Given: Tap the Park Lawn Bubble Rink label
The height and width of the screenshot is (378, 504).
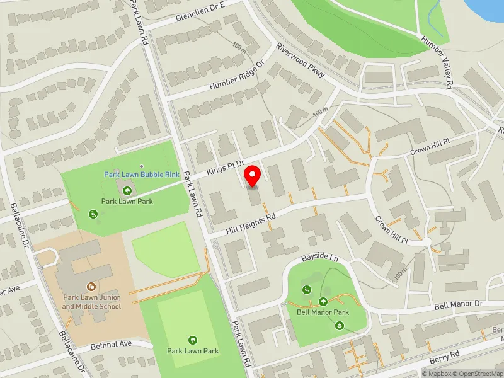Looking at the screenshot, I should pyautogui.click(x=142, y=175).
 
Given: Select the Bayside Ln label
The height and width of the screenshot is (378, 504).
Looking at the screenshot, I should pyautogui.click(x=319, y=258).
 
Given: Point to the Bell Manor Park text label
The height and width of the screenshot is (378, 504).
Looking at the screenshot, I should pyautogui.click(x=323, y=312).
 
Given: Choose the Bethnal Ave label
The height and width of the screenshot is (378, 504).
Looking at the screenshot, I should pyautogui.click(x=110, y=344).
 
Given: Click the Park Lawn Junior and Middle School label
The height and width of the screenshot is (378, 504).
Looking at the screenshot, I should pyautogui.click(x=91, y=302).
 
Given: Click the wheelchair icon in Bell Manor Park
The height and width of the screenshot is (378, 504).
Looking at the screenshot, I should pyautogui.click(x=307, y=290).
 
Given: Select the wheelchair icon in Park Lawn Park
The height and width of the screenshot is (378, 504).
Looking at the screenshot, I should pyautogui.click(x=93, y=214).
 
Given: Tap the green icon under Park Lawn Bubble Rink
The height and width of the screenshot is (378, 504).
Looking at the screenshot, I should pyautogui.click(x=128, y=190).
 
